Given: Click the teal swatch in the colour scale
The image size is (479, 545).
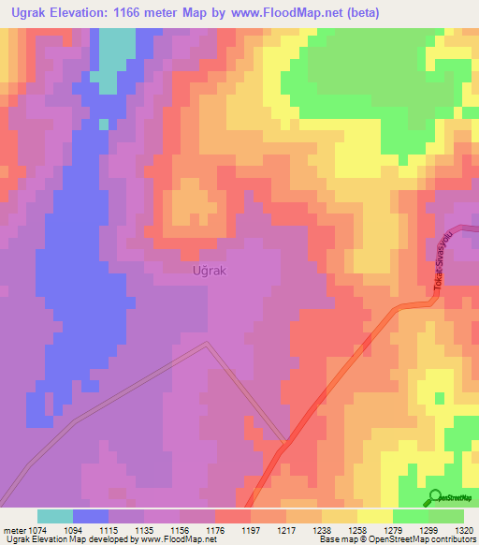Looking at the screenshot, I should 55,516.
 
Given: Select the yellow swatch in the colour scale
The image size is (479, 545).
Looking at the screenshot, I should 374,516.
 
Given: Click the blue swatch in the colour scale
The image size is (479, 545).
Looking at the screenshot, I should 91,516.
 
